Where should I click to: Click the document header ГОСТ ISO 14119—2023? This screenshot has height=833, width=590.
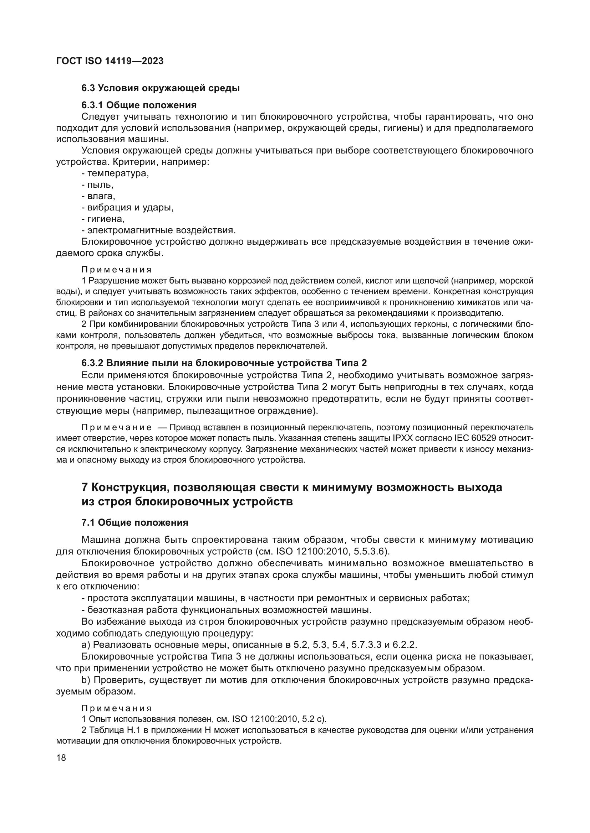pos(110,61)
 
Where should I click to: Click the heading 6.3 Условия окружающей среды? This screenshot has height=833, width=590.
pos(160,88)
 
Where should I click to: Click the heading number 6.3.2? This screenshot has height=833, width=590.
pos(92,363)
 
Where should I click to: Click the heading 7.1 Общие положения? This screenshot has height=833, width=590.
pos(135,523)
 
